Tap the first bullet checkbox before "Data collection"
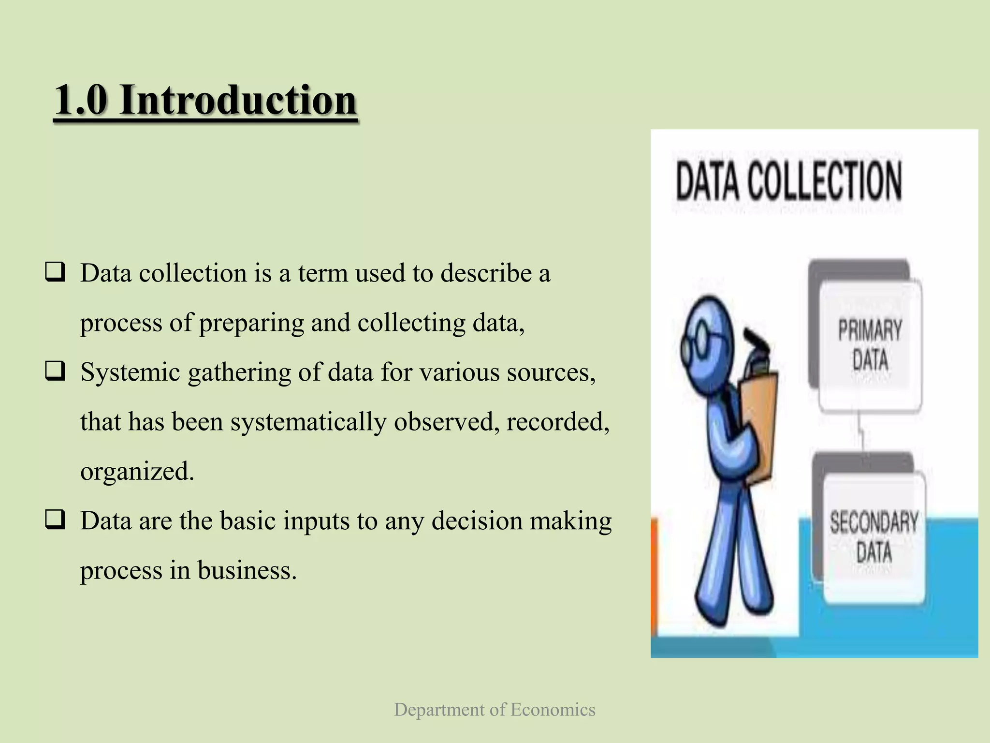pyautogui.click(x=56, y=272)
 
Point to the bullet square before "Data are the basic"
pyautogui.click(x=56, y=520)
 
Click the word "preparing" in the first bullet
pyautogui.click(x=251, y=323)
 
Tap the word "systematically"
pyautogui.click(x=308, y=422)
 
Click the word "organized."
pyautogui.click(x=137, y=471)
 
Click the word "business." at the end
pyautogui.click(x=247, y=570)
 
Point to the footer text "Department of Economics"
pyautogui.click(x=495, y=710)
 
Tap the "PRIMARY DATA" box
pyautogui.click(x=870, y=345)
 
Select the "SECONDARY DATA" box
pyautogui.click(x=874, y=537)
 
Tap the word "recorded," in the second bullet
pyautogui.click(x=558, y=422)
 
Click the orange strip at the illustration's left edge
pyautogui.click(x=654, y=576)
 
